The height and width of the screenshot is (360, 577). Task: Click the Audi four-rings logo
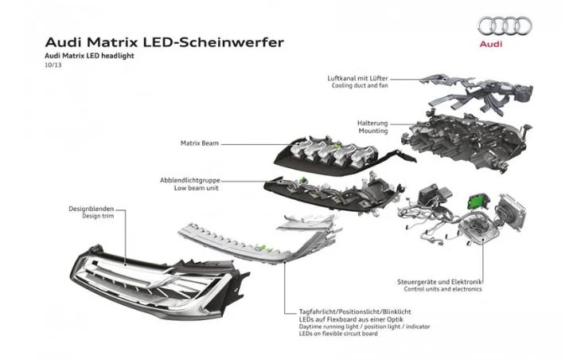pyautogui.click(x=504, y=26)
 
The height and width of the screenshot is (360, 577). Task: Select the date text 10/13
pyautogui.click(x=53, y=67)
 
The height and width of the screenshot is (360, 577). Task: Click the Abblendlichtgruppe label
pyautogui.click(x=193, y=181)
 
